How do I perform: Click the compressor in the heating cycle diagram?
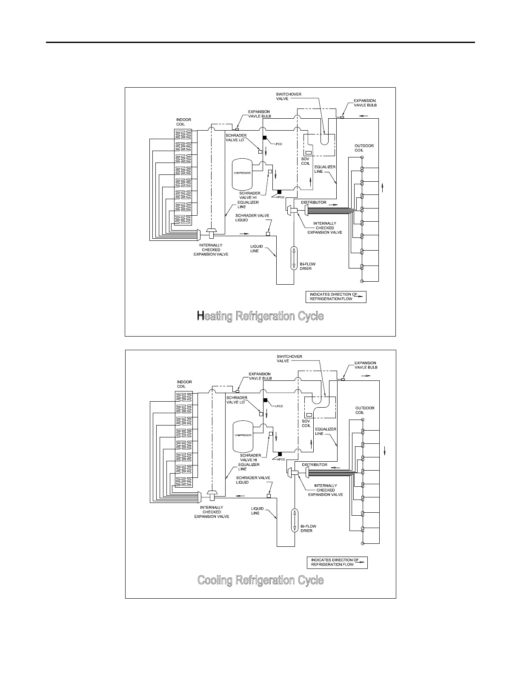241,174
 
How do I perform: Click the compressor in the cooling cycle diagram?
242,437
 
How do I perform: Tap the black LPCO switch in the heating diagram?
264,138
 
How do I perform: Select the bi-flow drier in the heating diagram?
294,258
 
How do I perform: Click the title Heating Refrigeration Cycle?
260,316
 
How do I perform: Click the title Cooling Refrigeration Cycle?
260,580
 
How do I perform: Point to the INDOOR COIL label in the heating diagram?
183,122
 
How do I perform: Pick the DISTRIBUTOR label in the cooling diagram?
315,465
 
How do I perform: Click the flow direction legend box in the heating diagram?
336,297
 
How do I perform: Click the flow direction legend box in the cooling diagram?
337,563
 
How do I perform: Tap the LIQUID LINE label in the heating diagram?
257,248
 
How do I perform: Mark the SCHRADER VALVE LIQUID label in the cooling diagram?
253,480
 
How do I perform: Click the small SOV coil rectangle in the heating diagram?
309,153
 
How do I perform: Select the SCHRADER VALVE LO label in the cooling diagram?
236,400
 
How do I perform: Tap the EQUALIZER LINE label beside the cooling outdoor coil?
326,431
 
